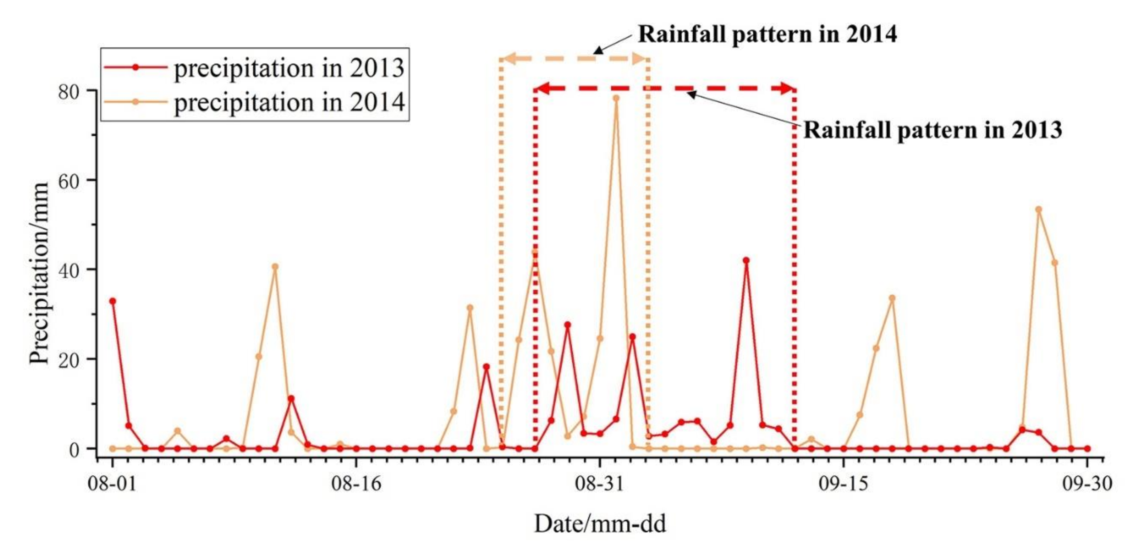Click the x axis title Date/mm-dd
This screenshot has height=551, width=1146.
[600, 524]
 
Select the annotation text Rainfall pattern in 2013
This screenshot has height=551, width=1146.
[932, 130]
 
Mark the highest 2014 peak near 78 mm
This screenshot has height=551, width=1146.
[616, 98]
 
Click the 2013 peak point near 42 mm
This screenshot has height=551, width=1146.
[746, 261]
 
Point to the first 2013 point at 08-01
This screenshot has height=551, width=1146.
[113, 301]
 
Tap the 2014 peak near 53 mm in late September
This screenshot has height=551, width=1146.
[1039, 209]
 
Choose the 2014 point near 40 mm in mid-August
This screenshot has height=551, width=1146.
[275, 267]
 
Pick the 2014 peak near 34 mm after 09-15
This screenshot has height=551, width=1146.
[892, 298]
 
